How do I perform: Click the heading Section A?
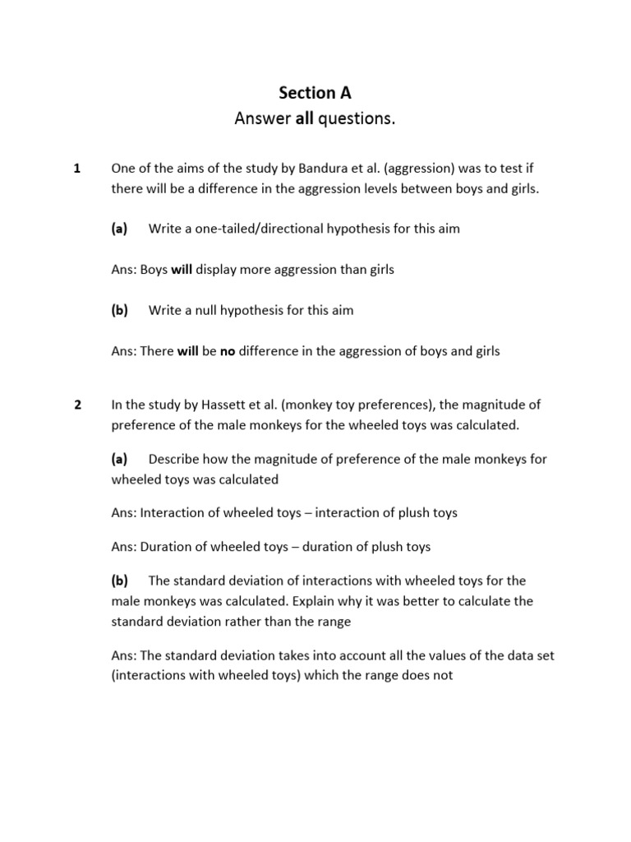coord(315,93)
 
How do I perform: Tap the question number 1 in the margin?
coord(76,169)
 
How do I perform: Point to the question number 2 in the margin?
coord(77,405)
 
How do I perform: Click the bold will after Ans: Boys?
coord(182,270)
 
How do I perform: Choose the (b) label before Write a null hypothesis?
coord(121,310)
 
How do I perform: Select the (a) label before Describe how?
coord(121,459)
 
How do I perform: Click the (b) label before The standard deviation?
coord(121,581)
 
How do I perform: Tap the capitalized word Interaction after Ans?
coord(174,512)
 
